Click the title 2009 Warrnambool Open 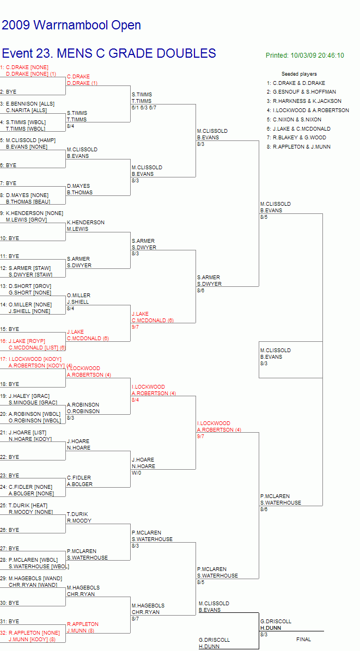click(x=71, y=26)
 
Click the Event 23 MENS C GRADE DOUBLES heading click(x=109, y=53)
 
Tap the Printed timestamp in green click(x=305, y=55)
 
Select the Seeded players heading click(x=299, y=74)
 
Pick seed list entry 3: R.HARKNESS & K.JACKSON click(x=304, y=101)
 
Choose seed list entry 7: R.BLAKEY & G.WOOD click(x=296, y=137)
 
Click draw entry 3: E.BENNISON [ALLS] click(x=27, y=104)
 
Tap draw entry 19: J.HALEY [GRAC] click(x=29, y=396)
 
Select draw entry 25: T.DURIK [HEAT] click(x=24, y=505)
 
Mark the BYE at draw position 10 click(x=10, y=238)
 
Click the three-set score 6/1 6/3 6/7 click(x=144, y=108)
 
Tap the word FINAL click(x=303, y=640)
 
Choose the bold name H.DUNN click(x=270, y=628)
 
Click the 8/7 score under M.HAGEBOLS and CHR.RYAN click(x=136, y=619)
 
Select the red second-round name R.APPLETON click(x=83, y=624)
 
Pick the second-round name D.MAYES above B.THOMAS click(x=78, y=186)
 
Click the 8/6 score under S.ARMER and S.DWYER click(x=201, y=291)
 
